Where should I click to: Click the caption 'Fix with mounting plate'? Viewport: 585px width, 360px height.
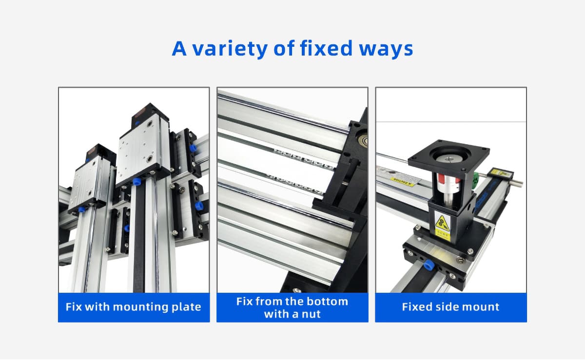click(x=134, y=307)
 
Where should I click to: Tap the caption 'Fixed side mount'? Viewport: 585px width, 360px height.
click(x=450, y=307)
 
